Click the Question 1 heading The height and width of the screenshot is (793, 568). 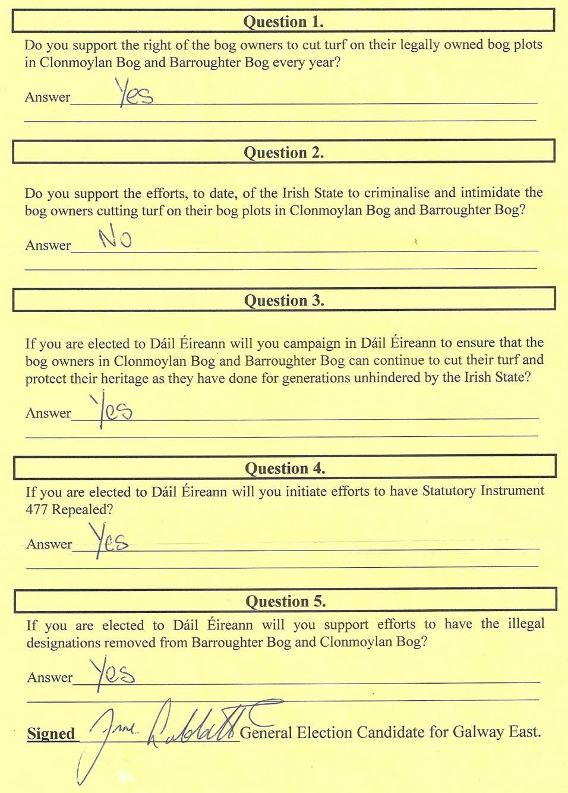click(x=283, y=22)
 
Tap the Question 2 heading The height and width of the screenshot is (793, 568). click(x=283, y=153)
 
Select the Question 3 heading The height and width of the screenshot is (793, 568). click(x=284, y=301)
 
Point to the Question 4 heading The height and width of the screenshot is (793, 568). click(x=285, y=468)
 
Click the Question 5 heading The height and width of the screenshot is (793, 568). click(x=285, y=602)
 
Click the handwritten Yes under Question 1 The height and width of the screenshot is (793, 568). click(x=134, y=93)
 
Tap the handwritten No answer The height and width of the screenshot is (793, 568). click(x=115, y=238)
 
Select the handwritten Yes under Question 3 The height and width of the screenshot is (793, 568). click(x=113, y=409)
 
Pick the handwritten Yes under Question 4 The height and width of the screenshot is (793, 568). click(x=109, y=540)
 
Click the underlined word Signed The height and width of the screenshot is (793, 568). click(x=51, y=734)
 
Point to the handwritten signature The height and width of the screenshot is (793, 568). click(x=178, y=728)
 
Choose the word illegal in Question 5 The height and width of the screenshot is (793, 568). click(x=526, y=624)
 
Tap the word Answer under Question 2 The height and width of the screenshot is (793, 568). click(x=48, y=246)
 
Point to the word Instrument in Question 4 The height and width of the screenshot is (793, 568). click(x=512, y=491)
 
